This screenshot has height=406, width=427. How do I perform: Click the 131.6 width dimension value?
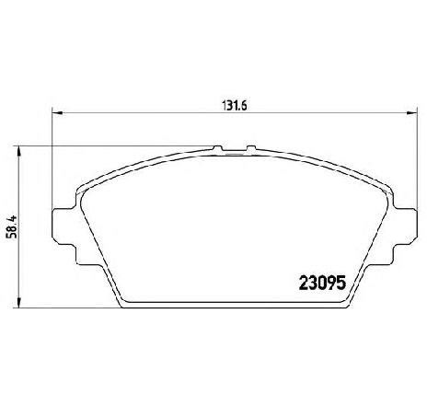[x=234, y=106]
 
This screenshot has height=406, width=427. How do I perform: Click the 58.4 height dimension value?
[x=13, y=226]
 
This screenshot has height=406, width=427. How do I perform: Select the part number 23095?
[x=322, y=283]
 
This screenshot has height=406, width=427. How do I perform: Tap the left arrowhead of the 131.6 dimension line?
[x=57, y=113]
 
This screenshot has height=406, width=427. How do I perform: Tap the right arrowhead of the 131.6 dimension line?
[x=411, y=113]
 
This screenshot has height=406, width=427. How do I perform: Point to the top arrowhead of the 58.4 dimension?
[x=18, y=152]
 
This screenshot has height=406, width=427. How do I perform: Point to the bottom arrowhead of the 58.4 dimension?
[x=18, y=302]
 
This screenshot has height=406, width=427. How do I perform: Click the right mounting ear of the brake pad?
[x=405, y=226]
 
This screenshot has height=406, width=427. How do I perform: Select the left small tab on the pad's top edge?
[x=217, y=148]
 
